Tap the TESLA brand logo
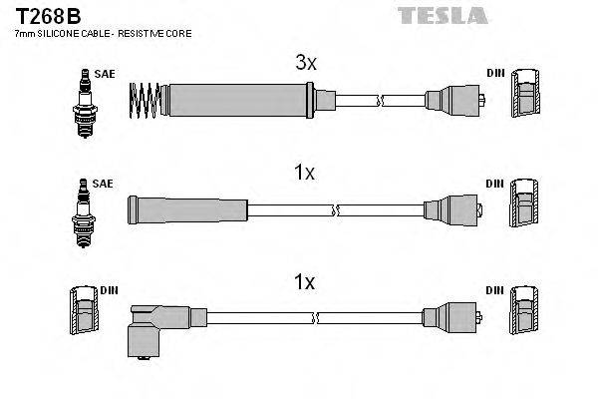pyautogui.click(x=443, y=14)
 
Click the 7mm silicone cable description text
pyautogui.click(x=103, y=35)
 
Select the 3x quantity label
pyautogui.click(x=306, y=63)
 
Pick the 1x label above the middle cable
pyautogui.click(x=304, y=173)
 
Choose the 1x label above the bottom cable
pyautogui.click(x=304, y=282)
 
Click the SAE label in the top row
pyautogui.click(x=104, y=74)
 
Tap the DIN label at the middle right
pyautogui.click(x=495, y=184)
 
